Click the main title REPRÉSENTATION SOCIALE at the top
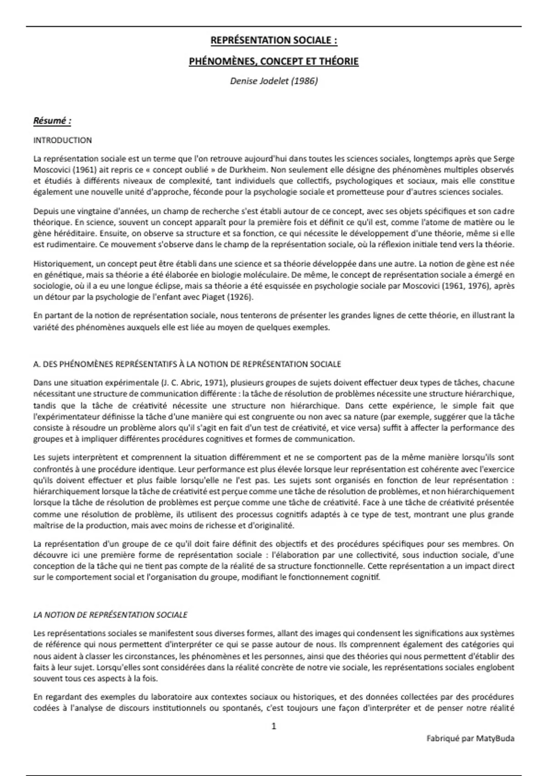tap(274, 41)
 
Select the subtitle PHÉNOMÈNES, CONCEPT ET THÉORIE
tap(274, 61)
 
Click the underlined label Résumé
tap(52, 121)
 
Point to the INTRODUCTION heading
tap(63, 140)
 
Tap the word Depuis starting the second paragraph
tap(45, 211)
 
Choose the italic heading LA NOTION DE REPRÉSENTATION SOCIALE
tap(111, 615)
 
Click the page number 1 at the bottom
tap(274, 726)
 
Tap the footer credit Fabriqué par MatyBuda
tap(470, 738)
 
